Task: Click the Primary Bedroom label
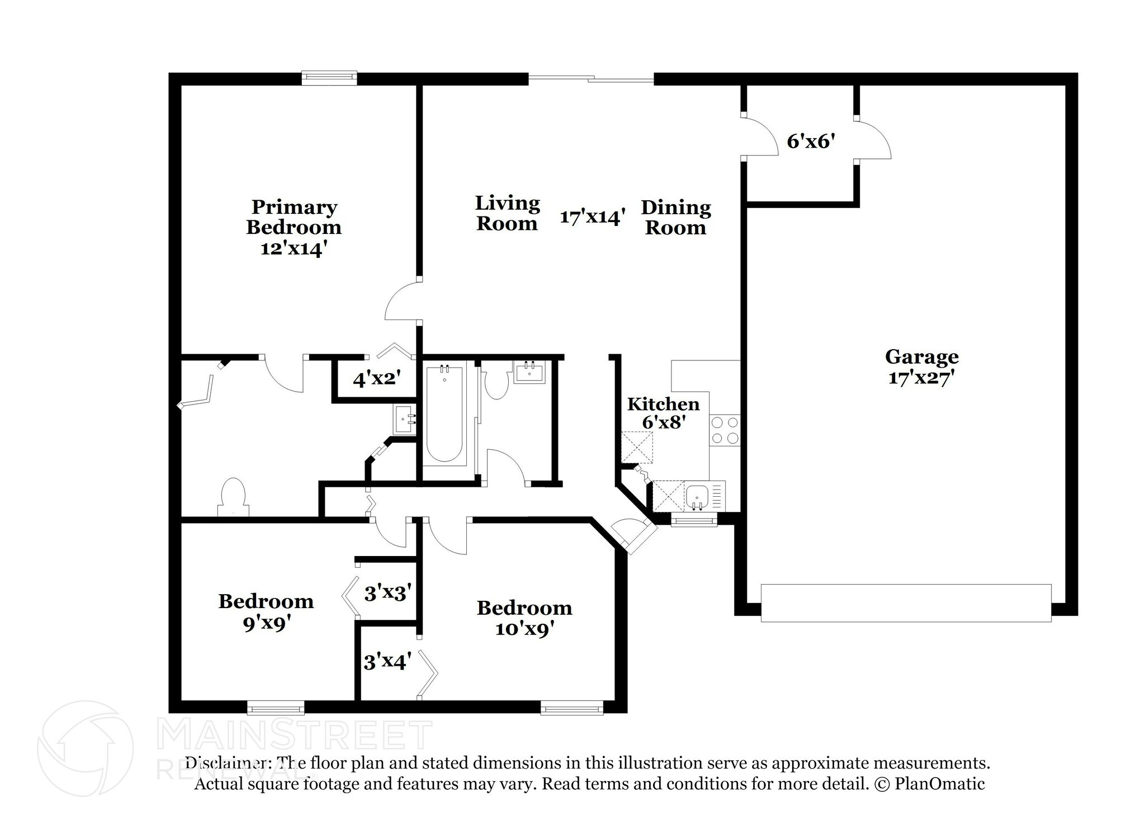point(294,217)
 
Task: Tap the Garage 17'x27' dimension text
point(921,378)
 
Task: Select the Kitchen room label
point(663,404)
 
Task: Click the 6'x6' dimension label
point(811,142)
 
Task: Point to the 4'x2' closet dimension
point(377,379)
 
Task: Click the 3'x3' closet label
point(388,592)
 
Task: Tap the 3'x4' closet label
point(387,662)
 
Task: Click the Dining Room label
point(676,217)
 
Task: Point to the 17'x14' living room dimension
point(592,217)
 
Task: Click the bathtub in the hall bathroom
point(444,413)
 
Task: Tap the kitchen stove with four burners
point(725,430)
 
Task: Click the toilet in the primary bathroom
point(233,497)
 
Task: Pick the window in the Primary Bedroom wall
point(329,78)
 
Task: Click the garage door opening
point(906,603)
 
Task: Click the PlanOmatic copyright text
point(928,783)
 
